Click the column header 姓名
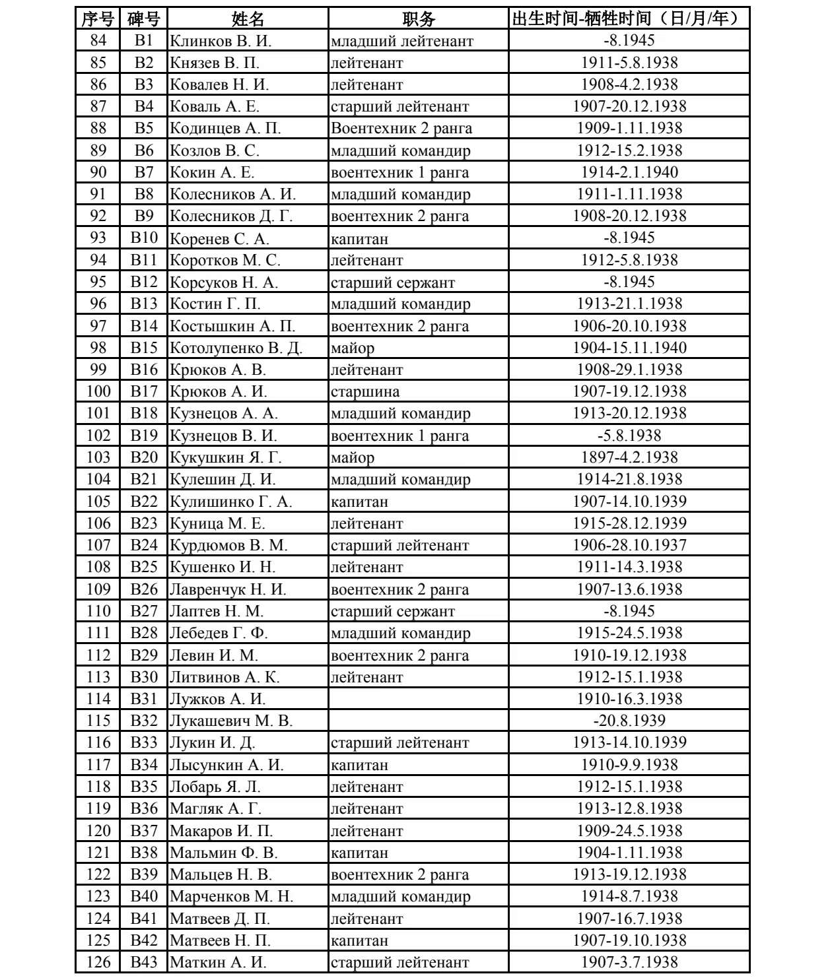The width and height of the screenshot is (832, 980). (x=248, y=18)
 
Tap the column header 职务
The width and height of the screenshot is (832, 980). (x=419, y=18)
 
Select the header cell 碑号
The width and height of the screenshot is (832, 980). (x=144, y=18)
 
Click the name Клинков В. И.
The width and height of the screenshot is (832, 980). (x=221, y=41)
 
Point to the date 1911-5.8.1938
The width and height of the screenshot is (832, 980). (x=629, y=63)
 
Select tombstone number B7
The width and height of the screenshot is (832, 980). (x=144, y=172)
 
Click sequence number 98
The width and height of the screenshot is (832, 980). (x=98, y=348)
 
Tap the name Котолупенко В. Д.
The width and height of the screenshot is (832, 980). (x=236, y=348)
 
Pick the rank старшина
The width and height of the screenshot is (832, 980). (x=365, y=392)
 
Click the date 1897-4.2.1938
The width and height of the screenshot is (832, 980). (x=629, y=457)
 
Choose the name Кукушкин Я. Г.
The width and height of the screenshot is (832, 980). (x=225, y=457)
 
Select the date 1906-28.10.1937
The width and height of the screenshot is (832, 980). (x=629, y=545)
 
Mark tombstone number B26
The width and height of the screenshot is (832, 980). (x=144, y=589)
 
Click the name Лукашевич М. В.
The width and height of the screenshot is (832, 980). (x=231, y=721)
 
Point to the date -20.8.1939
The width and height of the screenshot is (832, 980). (x=629, y=721)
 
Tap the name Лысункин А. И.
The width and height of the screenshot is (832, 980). (x=226, y=765)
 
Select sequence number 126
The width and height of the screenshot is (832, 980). (x=98, y=962)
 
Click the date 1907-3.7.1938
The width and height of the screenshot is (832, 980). (x=629, y=962)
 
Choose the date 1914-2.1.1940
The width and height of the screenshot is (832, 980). (x=629, y=172)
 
